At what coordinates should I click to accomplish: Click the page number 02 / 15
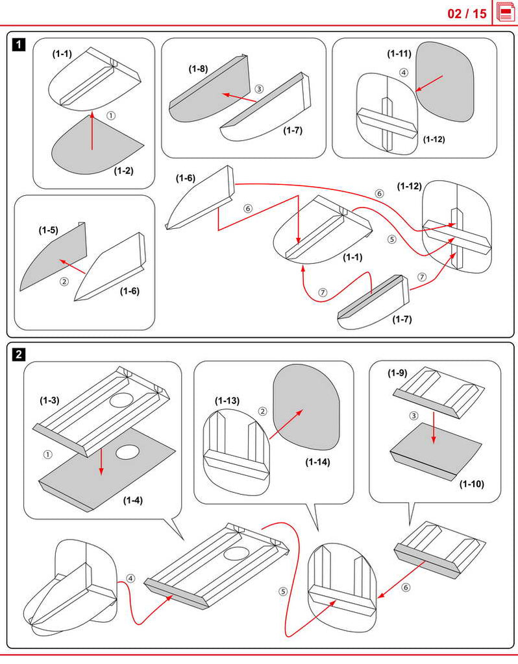(x=467, y=13)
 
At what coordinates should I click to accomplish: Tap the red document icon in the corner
(x=506, y=12)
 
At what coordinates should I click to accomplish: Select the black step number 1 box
(x=19, y=45)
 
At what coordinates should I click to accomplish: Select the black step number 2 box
(x=19, y=355)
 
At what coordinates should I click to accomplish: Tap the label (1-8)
(x=198, y=68)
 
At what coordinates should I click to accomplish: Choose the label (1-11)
(x=399, y=53)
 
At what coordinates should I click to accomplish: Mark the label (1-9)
(x=397, y=373)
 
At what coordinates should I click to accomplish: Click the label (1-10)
(x=472, y=484)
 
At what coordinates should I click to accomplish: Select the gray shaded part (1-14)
(x=305, y=409)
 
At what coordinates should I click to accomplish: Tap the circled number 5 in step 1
(x=391, y=239)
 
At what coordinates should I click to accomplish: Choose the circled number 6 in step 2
(x=406, y=587)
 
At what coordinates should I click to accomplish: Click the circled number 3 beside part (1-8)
(x=259, y=89)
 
